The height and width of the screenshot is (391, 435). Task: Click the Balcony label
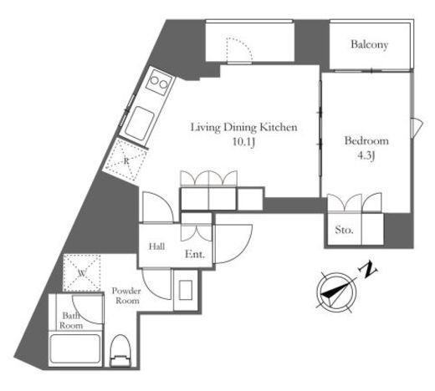(x=369, y=44)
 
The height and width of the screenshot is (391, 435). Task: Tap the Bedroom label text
(x=366, y=140)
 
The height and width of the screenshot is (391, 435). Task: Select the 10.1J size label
(x=243, y=142)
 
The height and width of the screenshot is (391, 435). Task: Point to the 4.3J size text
(x=366, y=155)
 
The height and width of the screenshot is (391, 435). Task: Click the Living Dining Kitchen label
(x=244, y=127)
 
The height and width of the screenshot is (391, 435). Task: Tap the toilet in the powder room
(x=120, y=350)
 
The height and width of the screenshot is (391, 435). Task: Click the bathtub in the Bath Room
(x=75, y=348)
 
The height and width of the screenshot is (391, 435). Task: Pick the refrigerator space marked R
(x=125, y=160)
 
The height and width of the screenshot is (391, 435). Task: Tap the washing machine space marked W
(x=82, y=273)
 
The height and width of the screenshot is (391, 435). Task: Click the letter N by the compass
(x=368, y=270)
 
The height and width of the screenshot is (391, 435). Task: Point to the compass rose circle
(x=336, y=292)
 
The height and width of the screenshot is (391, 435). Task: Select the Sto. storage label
(x=344, y=230)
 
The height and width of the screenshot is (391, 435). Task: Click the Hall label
(x=156, y=246)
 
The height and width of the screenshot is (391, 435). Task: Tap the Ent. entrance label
(x=195, y=254)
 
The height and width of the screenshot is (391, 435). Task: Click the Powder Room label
(x=126, y=296)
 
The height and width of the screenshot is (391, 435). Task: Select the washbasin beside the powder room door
(x=186, y=290)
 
